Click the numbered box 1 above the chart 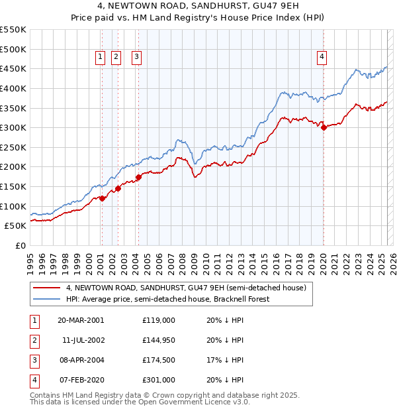point(101,57)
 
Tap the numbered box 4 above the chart point(322,57)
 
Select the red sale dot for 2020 point(324,128)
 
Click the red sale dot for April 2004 point(138,177)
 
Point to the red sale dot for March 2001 point(102,198)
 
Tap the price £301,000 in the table point(159,380)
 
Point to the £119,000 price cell point(159,320)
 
